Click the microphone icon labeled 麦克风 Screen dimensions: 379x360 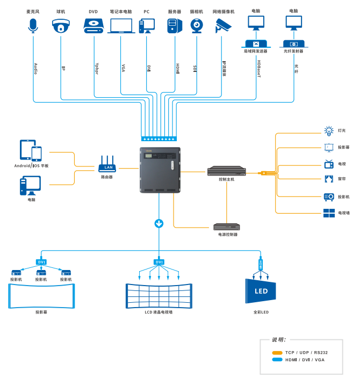coord(33,25)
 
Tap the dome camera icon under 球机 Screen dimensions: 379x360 coord(61,25)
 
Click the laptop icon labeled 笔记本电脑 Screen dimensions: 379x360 coord(121,26)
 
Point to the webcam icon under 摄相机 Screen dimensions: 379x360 coord(197,25)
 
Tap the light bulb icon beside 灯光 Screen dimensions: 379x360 coord(329,130)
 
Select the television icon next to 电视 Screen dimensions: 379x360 coord(329,164)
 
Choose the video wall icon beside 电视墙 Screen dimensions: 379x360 coord(329,213)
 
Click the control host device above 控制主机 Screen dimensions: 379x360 coord(227,171)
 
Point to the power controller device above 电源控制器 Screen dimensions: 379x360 coord(227,227)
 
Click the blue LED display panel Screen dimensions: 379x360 coord(261,292)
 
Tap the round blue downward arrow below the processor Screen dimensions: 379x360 coord(159,223)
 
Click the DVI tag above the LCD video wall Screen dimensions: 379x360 coord(159,262)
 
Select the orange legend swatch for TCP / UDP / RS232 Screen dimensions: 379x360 coord(277,353)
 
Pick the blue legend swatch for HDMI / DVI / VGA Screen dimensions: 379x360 coord(277,360)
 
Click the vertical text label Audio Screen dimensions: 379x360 coord(35,68)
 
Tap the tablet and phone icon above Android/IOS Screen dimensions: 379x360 coord(31,150)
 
